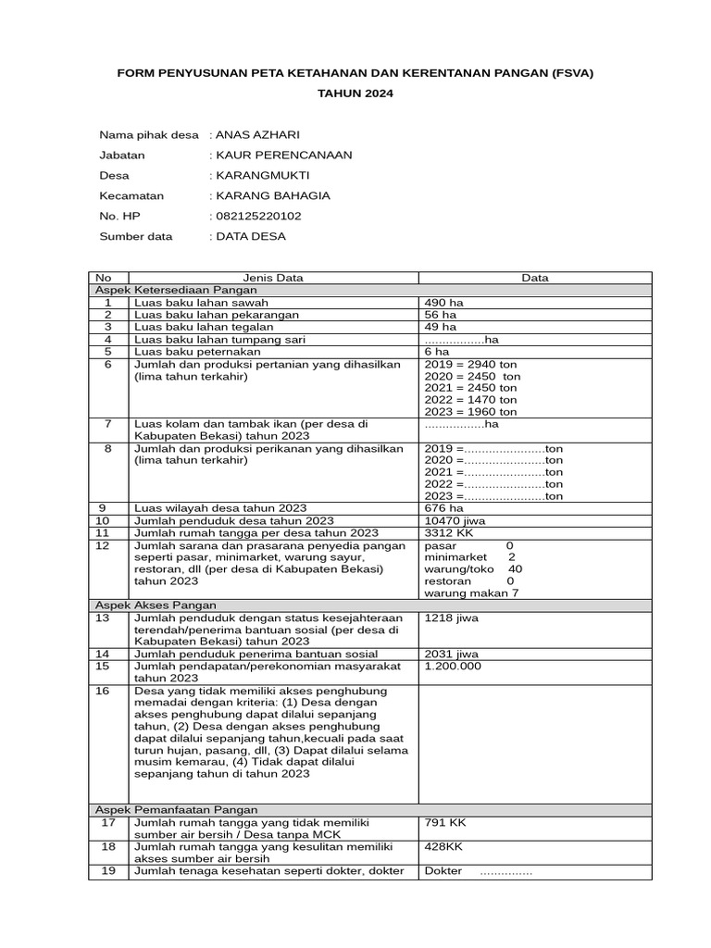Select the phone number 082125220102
(258, 216)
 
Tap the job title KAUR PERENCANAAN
(283, 155)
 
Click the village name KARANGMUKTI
(262, 175)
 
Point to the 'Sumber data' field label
(135, 236)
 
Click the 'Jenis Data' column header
(272, 278)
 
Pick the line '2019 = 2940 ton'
(470, 364)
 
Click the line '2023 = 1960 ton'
(470, 411)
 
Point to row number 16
(107, 691)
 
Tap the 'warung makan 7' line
(471, 592)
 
